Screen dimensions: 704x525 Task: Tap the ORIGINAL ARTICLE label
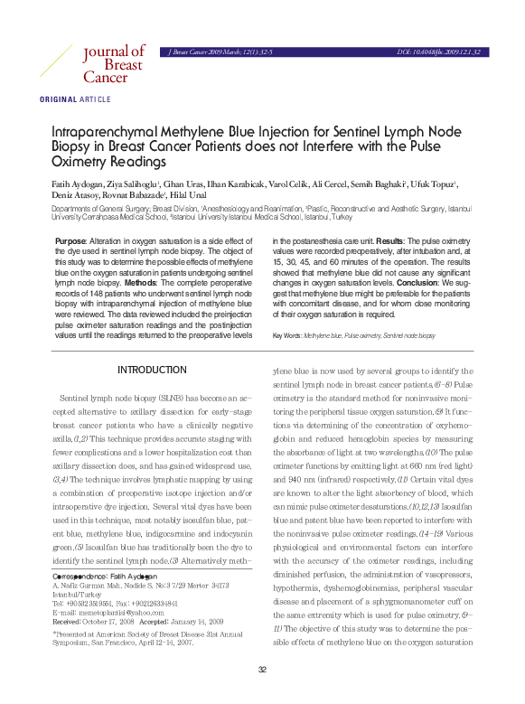point(75,99)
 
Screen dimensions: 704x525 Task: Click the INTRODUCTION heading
point(152,371)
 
